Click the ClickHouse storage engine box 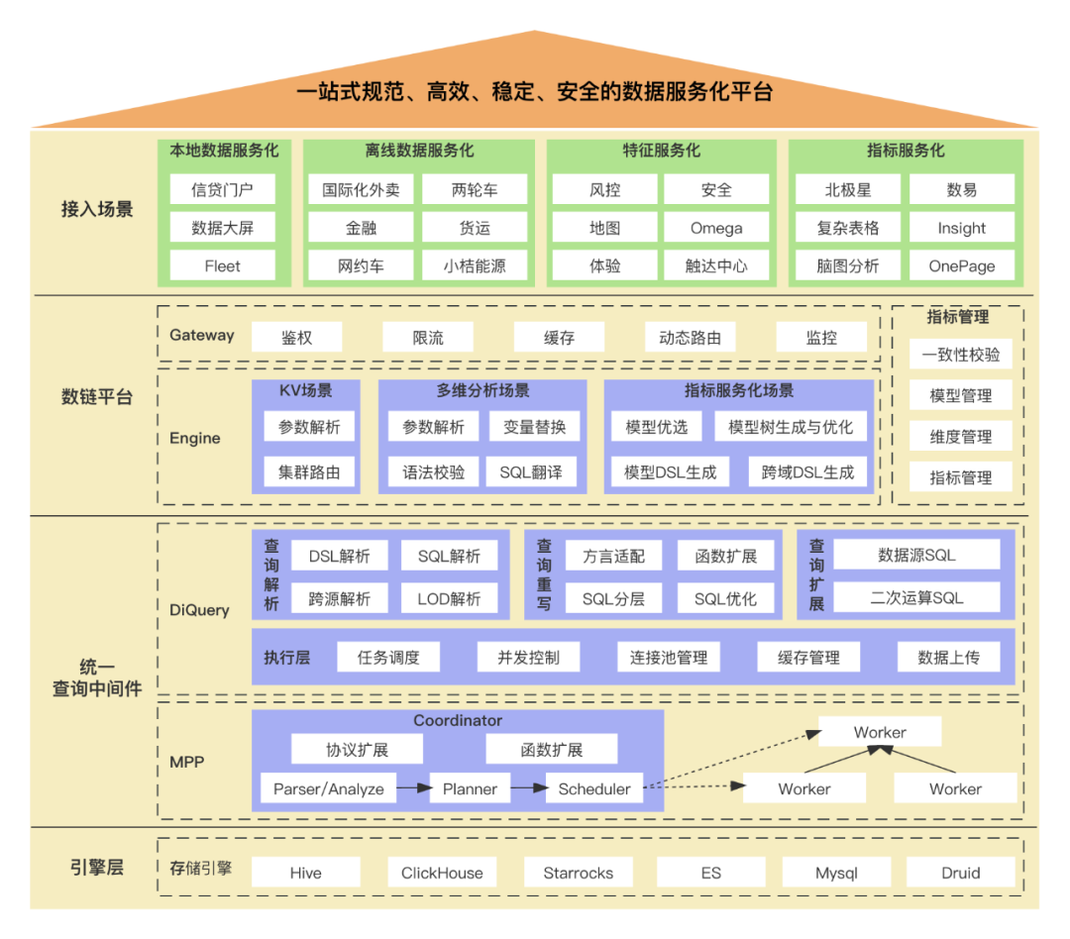[442, 873]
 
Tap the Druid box [961, 873]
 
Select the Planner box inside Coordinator [470, 789]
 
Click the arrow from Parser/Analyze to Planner [414, 789]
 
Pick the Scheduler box [594, 789]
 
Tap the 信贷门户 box [222, 189]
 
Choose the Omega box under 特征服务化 [716, 228]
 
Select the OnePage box [962, 265]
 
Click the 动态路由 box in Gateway [690, 338]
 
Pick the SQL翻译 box [531, 472]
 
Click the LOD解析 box [449, 598]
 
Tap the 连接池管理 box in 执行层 [669, 658]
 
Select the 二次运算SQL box [916, 598]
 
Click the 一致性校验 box [961, 355]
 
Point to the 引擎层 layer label [96, 868]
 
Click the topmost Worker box [880, 733]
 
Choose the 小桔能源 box [475, 265]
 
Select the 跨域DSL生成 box [807, 472]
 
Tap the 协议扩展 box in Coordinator [357, 750]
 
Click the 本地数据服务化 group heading [224, 152]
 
